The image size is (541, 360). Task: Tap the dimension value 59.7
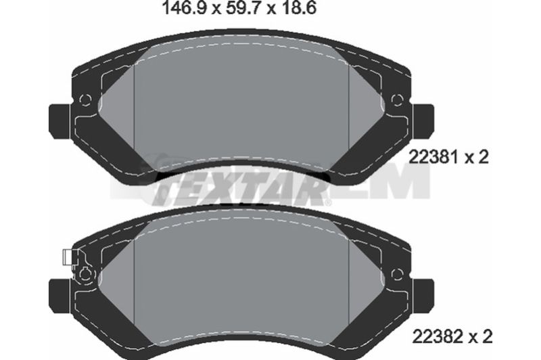(x=241, y=8)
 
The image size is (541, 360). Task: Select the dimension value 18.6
(x=298, y=8)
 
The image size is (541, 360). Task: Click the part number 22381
(x=435, y=158)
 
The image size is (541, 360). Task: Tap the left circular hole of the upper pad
(x=85, y=99)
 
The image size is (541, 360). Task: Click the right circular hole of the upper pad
(x=398, y=99)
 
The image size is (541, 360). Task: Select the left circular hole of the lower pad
(x=85, y=275)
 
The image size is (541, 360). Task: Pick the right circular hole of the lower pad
(x=398, y=275)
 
